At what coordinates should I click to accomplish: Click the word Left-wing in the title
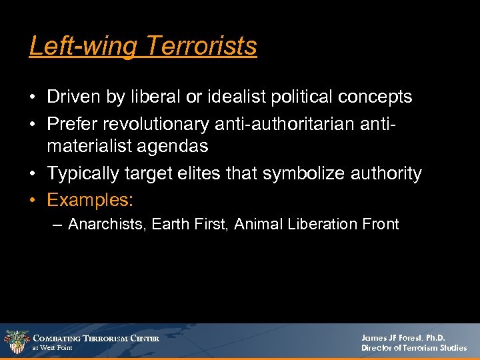point(84,46)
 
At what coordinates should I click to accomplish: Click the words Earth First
point(193,225)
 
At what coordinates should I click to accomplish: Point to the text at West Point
point(53,348)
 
